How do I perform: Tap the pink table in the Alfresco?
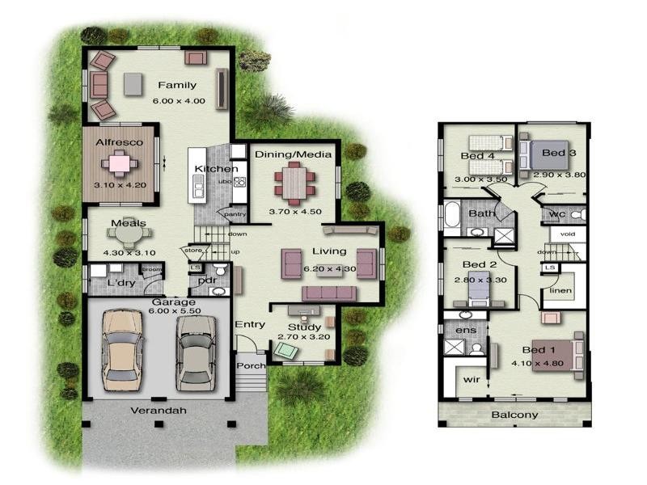pyautogui.click(x=119, y=164)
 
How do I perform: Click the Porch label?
pyautogui.click(x=251, y=365)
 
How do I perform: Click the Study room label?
pyautogui.click(x=305, y=327)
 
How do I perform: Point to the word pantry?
pyautogui.click(x=235, y=214)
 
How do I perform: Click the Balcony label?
pyautogui.click(x=514, y=415)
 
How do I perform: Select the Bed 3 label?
pyautogui.click(x=558, y=153)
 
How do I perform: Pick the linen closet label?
pyautogui.click(x=560, y=290)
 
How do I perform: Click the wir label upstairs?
pyautogui.click(x=472, y=380)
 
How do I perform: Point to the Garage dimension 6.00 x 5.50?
pyautogui.click(x=159, y=311)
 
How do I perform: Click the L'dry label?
pyautogui.click(x=119, y=283)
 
